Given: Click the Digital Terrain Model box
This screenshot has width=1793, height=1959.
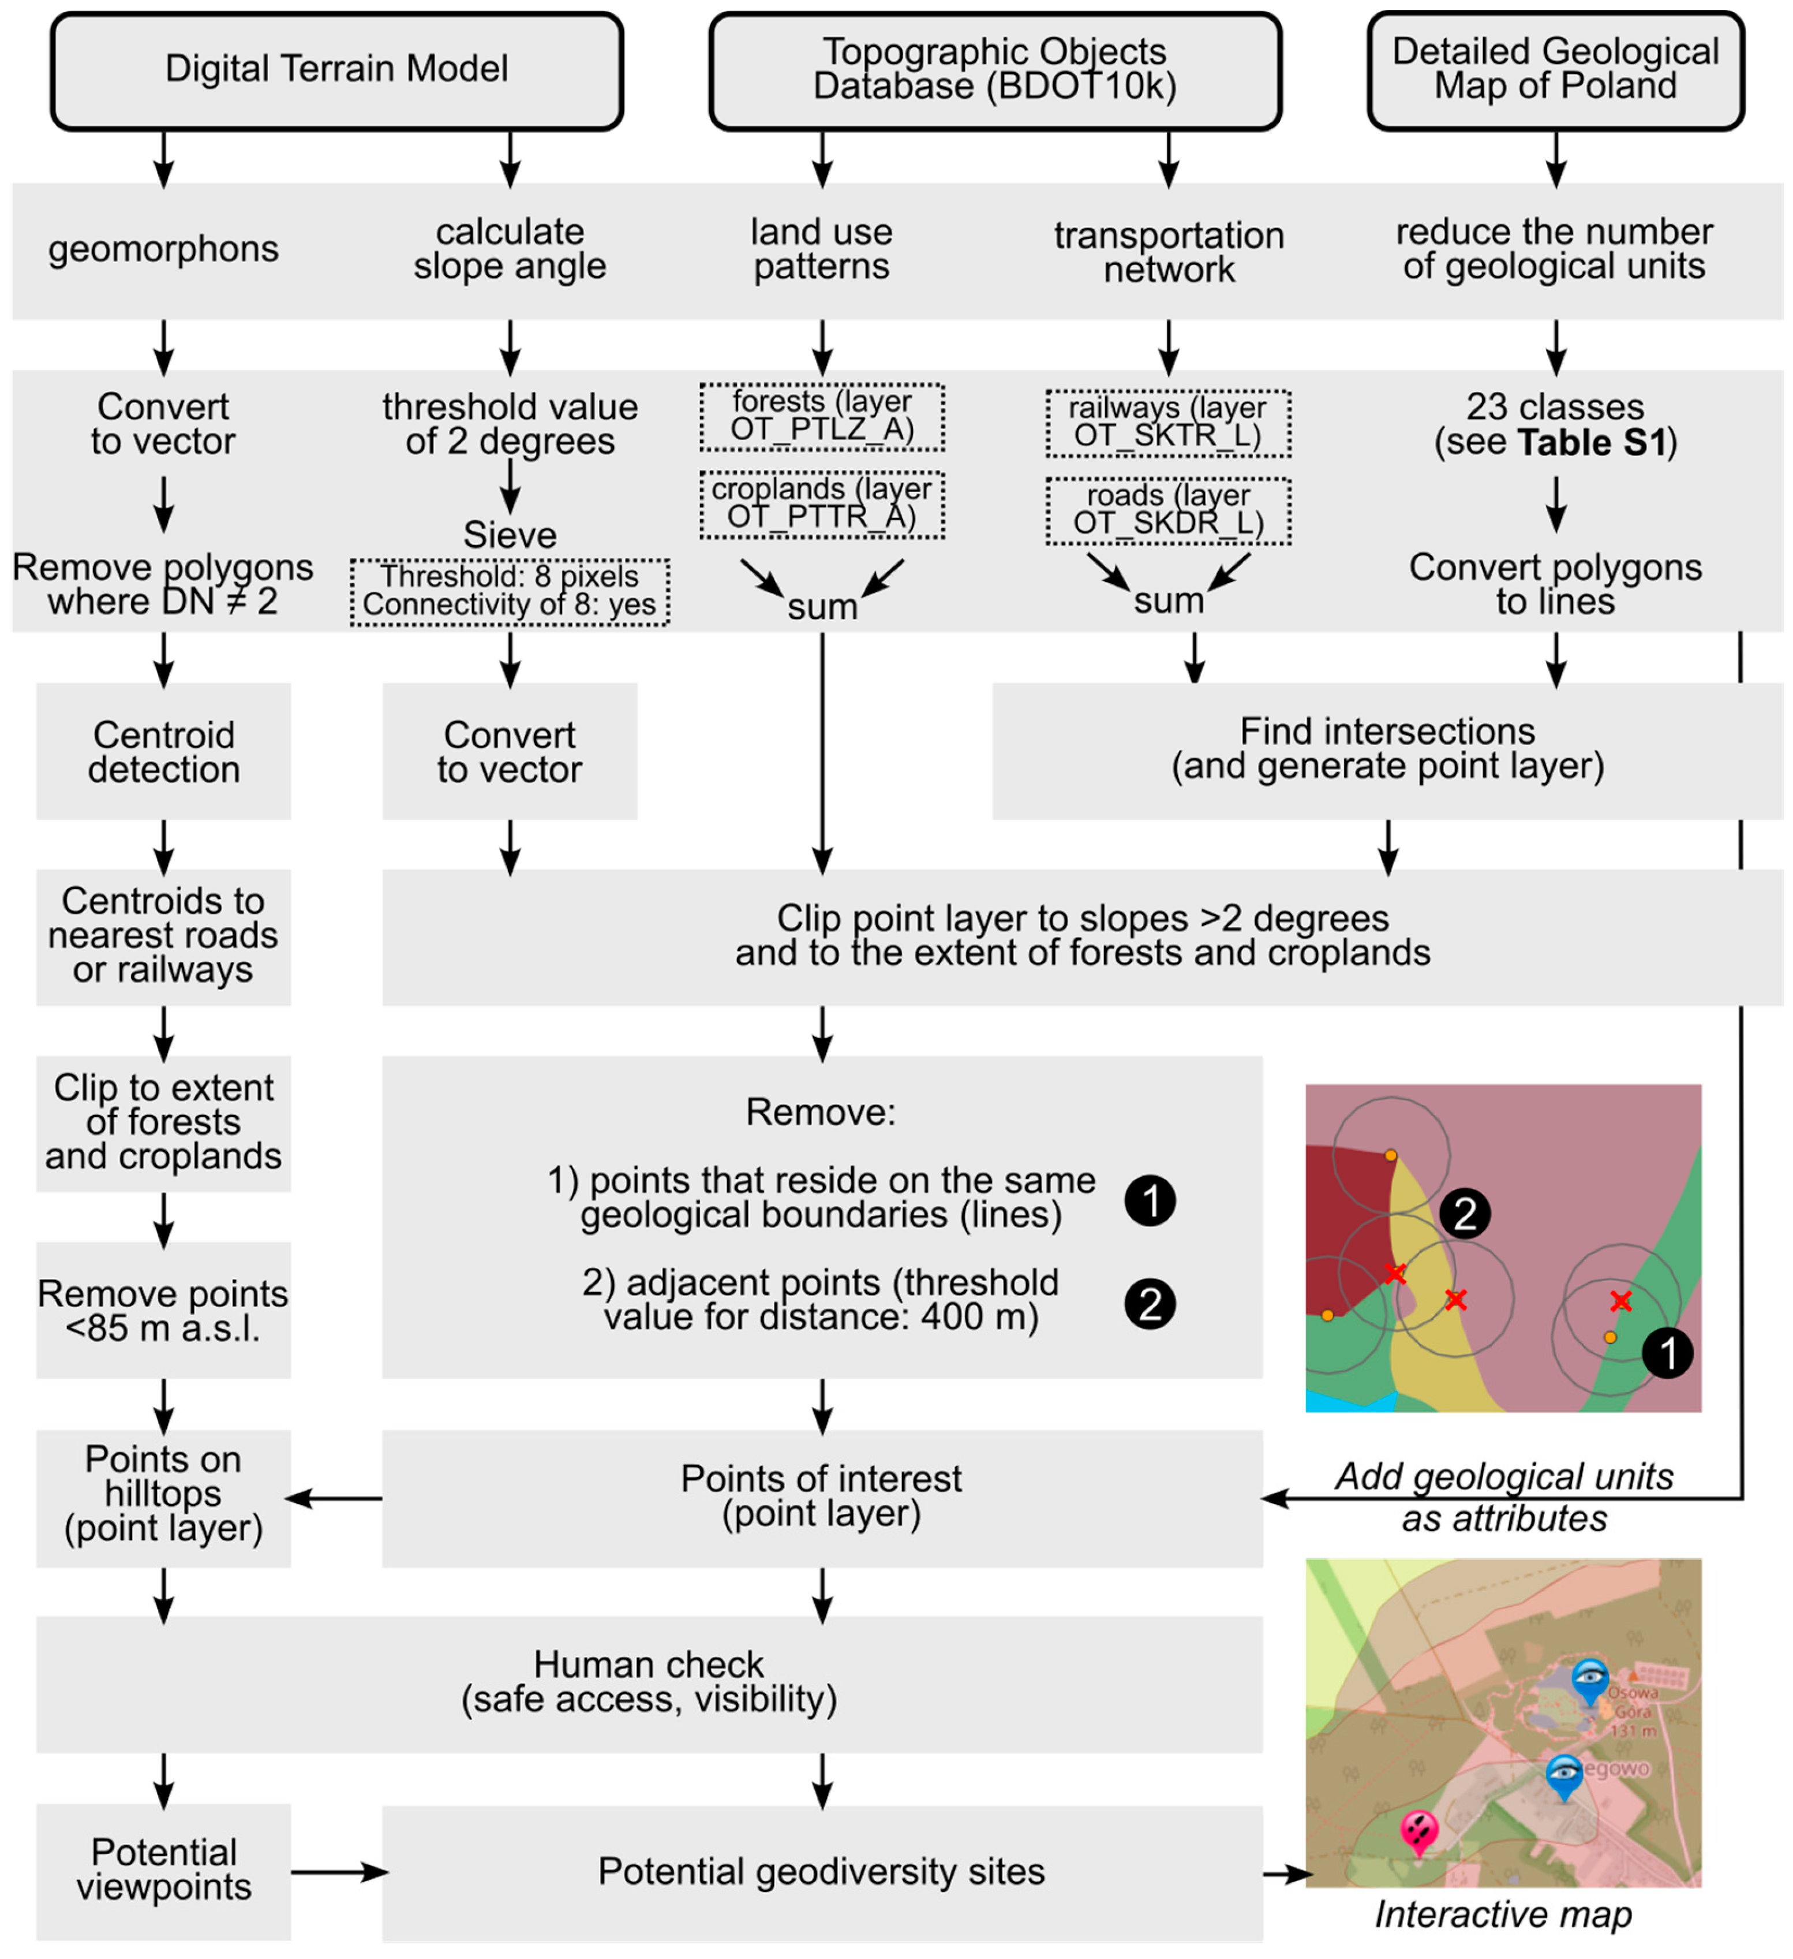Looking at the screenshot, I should [336, 70].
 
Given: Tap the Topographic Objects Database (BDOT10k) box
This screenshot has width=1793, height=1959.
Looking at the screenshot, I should [994, 70].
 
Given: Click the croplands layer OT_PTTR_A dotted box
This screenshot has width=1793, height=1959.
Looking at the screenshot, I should [822, 504].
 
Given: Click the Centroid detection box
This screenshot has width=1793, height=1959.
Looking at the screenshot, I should [163, 751].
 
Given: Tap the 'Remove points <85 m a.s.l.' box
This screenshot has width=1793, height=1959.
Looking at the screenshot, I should [163, 1310].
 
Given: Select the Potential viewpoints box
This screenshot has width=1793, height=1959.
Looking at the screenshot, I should [163, 1870].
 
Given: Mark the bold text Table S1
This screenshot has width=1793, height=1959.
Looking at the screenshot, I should [1592, 442].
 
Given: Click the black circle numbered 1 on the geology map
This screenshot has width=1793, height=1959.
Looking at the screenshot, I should [1667, 1353].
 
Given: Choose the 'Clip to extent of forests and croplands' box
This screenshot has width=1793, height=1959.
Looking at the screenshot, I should [163, 1122].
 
